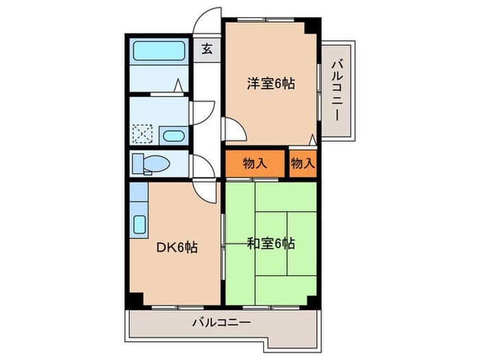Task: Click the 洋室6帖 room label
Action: pos(272,85)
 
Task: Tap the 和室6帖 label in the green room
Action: pos(271,243)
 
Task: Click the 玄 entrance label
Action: pos(206,49)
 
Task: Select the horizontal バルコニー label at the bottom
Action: pos(221,321)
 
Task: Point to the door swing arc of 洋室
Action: pos(233,129)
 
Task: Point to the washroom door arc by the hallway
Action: pos(202,110)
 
